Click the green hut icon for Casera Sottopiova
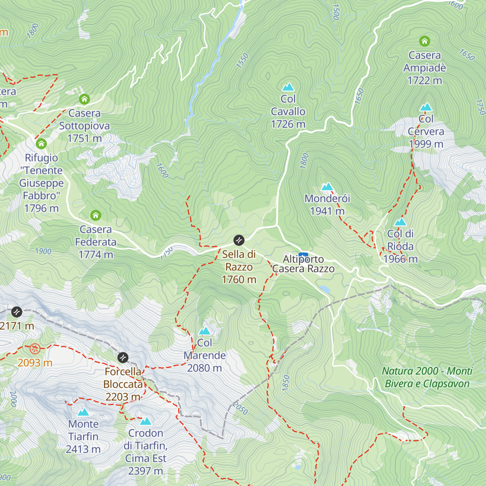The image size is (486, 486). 84,99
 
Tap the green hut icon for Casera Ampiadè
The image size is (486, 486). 424,41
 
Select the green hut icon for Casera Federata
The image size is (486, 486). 96,215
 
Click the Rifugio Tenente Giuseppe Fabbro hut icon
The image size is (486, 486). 41,144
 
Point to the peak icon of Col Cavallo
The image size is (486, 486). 288,87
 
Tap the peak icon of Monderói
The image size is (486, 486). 327,187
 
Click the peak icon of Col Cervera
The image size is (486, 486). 426,107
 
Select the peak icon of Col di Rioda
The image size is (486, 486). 400,222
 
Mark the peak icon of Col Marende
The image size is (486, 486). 205,331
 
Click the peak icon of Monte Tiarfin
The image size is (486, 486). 83,412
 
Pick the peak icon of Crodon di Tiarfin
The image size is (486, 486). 145,421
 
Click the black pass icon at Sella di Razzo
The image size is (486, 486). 239,240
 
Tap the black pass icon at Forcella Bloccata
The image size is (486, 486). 123,358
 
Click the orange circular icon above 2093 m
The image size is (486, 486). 35,348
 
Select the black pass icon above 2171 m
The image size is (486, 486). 17,311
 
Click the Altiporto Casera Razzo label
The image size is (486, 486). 303,264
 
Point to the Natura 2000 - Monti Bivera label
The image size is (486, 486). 427,377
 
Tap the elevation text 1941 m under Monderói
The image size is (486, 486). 327,211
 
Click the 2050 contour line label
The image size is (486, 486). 240,409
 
